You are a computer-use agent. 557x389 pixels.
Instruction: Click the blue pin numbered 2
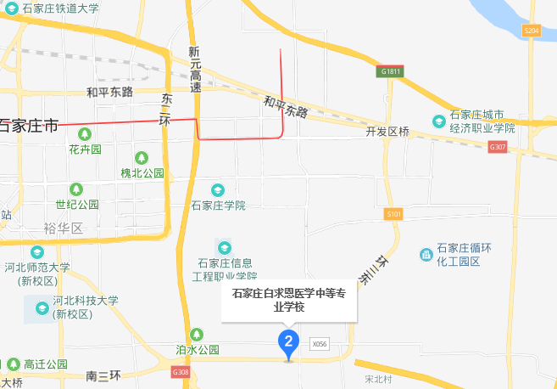[x=288, y=343]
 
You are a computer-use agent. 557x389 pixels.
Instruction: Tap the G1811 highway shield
[x=390, y=72]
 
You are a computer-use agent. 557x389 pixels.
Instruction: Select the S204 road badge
[x=532, y=31]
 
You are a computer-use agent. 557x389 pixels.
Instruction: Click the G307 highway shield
[x=498, y=147]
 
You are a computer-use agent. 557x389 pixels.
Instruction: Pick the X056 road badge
[x=319, y=344]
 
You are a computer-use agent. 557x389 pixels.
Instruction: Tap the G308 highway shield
[x=180, y=372]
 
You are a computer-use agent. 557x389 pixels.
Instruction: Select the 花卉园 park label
[x=85, y=149]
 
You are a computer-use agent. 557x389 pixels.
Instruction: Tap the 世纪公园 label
[x=77, y=204]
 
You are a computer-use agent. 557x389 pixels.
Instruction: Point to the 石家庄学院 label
[x=218, y=205]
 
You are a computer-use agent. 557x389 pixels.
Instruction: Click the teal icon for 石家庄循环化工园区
[x=426, y=254]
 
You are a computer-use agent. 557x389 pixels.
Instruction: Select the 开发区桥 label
[x=387, y=132]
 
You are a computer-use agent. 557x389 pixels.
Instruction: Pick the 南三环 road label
[x=104, y=375]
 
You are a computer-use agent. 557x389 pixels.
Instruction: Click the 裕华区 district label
[x=64, y=228]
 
